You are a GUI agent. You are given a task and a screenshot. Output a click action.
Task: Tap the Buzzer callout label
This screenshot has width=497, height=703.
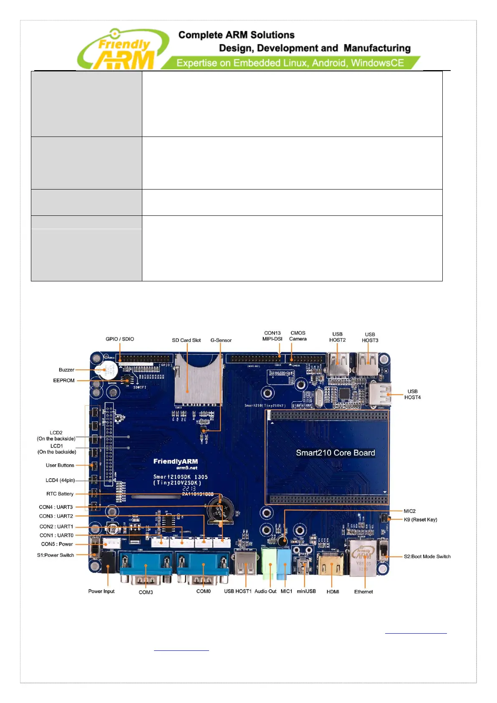(66, 370)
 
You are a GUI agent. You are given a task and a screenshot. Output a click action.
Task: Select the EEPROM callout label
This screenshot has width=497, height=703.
(64, 380)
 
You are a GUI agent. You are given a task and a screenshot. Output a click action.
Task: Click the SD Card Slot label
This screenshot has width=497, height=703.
(186, 340)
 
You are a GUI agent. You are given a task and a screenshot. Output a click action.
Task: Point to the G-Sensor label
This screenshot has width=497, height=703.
(221, 340)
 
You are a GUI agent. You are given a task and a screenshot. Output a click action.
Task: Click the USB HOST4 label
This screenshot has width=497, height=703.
(412, 394)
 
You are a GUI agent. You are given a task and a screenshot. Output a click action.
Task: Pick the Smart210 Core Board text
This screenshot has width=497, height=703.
(335, 453)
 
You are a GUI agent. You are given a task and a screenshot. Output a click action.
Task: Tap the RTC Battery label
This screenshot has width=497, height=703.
(60, 494)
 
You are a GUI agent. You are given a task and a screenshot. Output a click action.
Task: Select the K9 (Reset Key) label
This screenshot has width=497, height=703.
(420, 520)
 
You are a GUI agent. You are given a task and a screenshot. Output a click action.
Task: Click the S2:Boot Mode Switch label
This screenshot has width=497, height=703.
(427, 556)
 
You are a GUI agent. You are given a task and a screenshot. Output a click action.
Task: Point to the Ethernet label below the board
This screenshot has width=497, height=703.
(363, 592)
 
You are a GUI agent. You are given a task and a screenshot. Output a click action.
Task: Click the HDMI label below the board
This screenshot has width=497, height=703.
(333, 592)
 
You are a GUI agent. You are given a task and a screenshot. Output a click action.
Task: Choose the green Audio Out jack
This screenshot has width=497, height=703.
(269, 561)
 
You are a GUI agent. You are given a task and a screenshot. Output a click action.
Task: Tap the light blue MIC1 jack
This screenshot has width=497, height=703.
(284, 561)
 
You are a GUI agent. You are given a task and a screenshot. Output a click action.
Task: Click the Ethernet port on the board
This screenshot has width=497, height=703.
(363, 557)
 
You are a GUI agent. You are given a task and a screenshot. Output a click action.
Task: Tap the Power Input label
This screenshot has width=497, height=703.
(101, 591)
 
